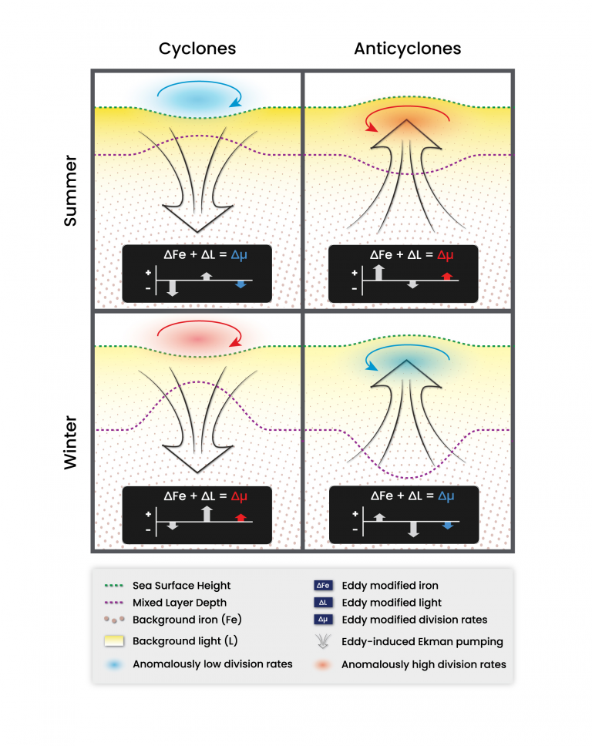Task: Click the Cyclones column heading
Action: click(x=197, y=49)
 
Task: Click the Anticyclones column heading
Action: click(x=407, y=49)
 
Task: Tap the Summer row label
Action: click(x=70, y=191)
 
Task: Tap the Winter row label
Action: click(x=70, y=432)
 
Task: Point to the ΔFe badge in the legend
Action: click(x=322, y=586)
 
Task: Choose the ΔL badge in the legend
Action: click(x=322, y=603)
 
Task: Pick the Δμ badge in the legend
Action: click(x=322, y=620)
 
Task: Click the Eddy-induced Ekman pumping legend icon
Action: click(x=322, y=641)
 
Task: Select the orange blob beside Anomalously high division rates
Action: click(x=322, y=664)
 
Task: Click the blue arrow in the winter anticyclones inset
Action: click(x=448, y=525)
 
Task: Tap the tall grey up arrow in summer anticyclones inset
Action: click(x=378, y=271)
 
